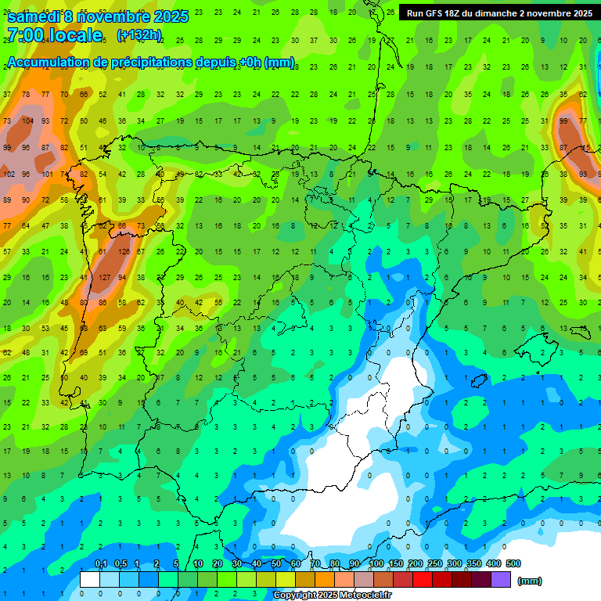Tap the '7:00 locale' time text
pyautogui.click(x=55, y=35)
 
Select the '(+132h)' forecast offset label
pyautogui.click(x=139, y=35)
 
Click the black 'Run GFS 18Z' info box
pyautogui.click(x=498, y=13)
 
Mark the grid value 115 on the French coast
pyautogui.click(x=585, y=148)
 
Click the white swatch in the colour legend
pyautogui.click(x=90, y=580)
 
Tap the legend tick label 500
pyautogui.click(x=513, y=564)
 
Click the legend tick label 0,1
pyautogui.click(x=100, y=564)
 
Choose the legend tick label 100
pyautogui.click(x=376, y=564)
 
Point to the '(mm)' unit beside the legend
pyautogui.click(x=530, y=581)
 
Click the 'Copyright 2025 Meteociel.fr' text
pyautogui.click(x=332, y=596)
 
